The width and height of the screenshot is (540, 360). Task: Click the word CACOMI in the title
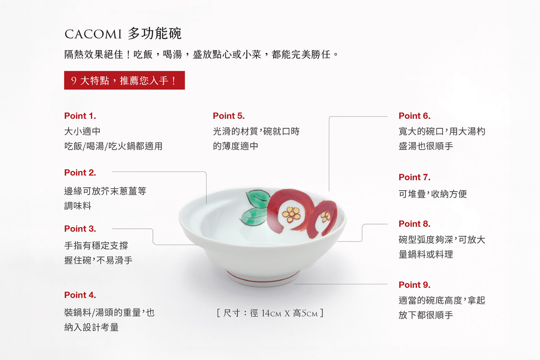[93, 34]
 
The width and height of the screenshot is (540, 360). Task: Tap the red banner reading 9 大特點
[125, 80]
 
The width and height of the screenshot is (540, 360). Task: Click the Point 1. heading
[80, 116]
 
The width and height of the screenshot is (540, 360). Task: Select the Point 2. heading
[80, 173]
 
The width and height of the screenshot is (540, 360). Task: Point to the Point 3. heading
[80, 229]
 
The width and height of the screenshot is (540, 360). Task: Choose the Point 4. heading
[80, 295]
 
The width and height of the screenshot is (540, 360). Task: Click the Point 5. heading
[229, 116]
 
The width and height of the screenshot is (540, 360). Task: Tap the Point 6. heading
[414, 116]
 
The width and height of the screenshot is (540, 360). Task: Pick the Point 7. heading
[414, 177]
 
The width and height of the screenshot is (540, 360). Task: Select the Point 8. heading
[414, 224]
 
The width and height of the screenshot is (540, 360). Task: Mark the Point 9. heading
[414, 285]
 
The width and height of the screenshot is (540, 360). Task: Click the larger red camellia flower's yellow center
[292, 214]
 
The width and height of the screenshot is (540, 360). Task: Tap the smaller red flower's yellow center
[325, 216]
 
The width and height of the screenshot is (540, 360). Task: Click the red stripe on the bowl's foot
[263, 279]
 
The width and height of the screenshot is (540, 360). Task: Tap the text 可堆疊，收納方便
[433, 194]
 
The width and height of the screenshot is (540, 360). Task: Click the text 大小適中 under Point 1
[82, 131]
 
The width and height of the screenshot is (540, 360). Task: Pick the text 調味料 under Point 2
[78, 206]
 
